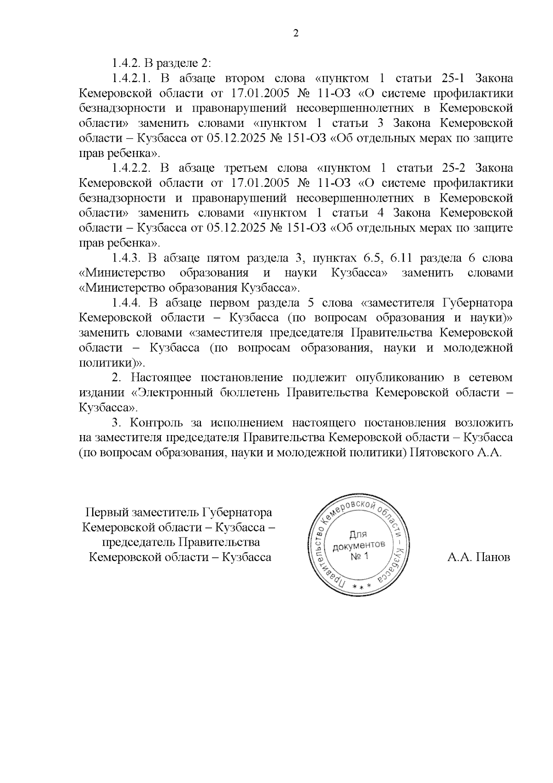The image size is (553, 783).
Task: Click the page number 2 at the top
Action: click(296, 33)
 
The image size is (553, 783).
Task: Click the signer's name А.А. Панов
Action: click(479, 557)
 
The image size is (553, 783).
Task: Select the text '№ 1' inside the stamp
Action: click(359, 556)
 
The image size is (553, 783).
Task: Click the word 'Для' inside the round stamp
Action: click(358, 534)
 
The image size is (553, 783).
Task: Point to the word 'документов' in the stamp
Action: click(359, 545)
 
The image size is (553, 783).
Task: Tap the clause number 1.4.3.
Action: click(126, 258)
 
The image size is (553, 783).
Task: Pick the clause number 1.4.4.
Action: click(126, 303)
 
